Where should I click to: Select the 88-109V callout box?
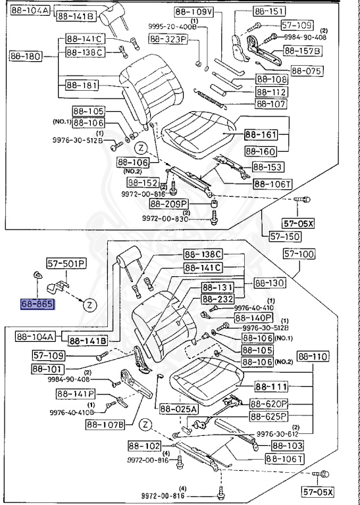pyautogui.click(x=194, y=12)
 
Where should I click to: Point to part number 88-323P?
pyautogui.click(x=168, y=40)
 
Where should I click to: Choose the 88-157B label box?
pyautogui.click(x=302, y=50)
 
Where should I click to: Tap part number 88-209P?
pyautogui.click(x=171, y=204)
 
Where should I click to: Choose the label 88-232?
pyautogui.click(x=219, y=298)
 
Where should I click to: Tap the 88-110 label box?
pyautogui.click(x=313, y=356)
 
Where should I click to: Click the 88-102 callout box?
pyautogui.click(x=143, y=446)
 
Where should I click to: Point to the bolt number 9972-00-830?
pyautogui.click(x=165, y=219)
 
